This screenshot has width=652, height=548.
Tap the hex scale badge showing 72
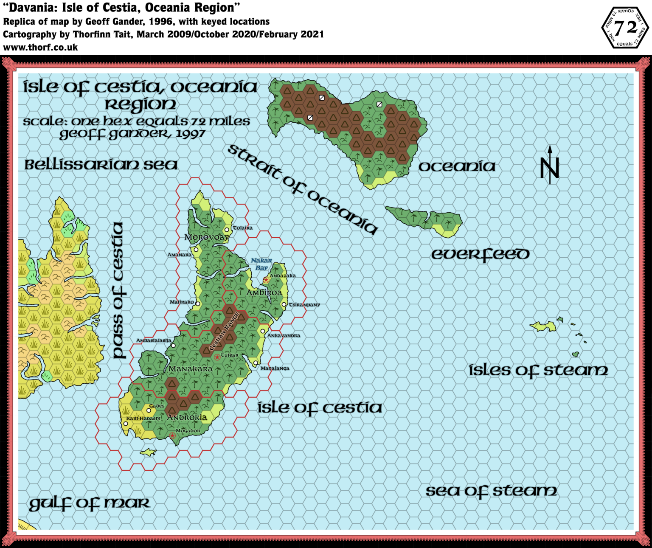[x=625, y=28]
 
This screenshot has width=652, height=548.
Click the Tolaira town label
[x=242, y=228]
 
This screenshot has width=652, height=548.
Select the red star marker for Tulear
[x=217, y=357]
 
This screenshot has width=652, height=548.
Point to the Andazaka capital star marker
[x=266, y=280]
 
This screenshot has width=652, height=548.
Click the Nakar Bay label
[x=261, y=264]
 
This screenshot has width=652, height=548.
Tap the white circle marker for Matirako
[x=198, y=304]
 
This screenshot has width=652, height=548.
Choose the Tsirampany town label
[x=304, y=305]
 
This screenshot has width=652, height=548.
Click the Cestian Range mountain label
[x=224, y=332]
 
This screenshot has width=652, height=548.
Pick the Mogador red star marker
[x=172, y=436]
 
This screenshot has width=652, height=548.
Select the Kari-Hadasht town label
[x=143, y=419]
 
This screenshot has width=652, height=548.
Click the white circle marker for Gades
[x=149, y=410]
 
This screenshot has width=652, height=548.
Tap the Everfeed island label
[x=480, y=254]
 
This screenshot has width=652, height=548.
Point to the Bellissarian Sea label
[x=101, y=165]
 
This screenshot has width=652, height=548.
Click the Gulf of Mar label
[x=90, y=504]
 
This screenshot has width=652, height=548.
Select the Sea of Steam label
[x=491, y=491]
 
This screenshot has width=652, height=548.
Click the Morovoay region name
[x=207, y=237]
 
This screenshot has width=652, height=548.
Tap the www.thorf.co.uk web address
[x=40, y=48]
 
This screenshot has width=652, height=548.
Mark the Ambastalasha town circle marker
[x=173, y=346]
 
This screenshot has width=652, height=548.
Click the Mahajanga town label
[x=275, y=368]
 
